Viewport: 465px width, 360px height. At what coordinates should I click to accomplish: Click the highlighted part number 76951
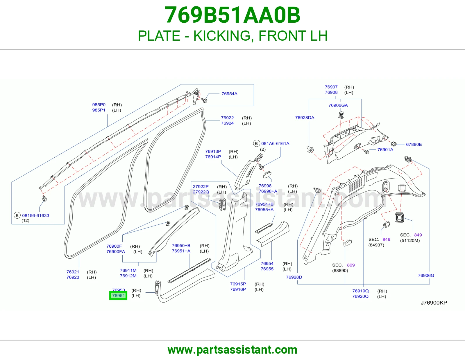click(x=118, y=296)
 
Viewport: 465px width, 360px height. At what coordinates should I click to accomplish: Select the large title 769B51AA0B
click(x=233, y=15)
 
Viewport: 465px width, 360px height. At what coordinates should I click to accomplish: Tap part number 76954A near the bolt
click(x=229, y=94)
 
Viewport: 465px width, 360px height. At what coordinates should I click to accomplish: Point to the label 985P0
click(x=99, y=105)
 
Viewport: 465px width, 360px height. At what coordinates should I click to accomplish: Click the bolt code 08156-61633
click(x=36, y=215)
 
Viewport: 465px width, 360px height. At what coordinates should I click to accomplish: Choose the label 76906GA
click(x=338, y=105)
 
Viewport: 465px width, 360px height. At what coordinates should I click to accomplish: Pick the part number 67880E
click(x=414, y=144)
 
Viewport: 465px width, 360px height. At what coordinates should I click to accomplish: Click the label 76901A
click(x=385, y=150)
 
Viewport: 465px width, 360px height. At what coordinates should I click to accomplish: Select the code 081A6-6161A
click(x=275, y=143)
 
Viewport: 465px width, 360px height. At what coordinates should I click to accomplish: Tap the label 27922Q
click(x=201, y=192)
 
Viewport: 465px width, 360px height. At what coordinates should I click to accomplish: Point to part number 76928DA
click(x=305, y=118)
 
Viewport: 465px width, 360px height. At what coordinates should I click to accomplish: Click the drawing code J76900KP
click(x=434, y=303)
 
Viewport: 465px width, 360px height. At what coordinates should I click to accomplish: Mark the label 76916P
click(x=238, y=289)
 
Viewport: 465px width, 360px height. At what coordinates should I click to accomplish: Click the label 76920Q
click(x=360, y=296)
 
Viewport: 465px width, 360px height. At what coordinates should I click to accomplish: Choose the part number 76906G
click(x=426, y=275)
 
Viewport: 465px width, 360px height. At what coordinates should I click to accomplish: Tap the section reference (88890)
click(x=340, y=270)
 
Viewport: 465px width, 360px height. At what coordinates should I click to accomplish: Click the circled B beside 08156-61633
click(x=17, y=215)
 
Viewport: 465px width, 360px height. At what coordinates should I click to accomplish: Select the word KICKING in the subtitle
click(x=222, y=36)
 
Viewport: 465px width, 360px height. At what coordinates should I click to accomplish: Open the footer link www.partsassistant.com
click(x=233, y=350)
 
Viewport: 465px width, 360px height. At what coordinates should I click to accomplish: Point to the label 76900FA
click(x=116, y=252)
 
